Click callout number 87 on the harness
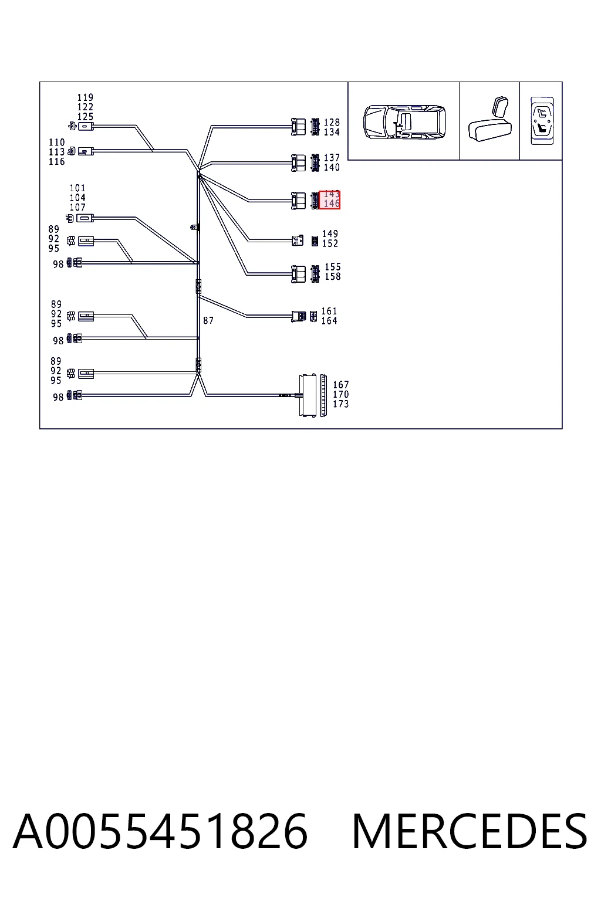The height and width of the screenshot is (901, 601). (208, 321)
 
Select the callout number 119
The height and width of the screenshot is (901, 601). (85, 97)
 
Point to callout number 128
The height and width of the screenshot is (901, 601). (332, 122)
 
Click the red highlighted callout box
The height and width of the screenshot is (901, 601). (329, 200)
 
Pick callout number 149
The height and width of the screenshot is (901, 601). (330, 233)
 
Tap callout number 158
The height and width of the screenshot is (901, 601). (333, 277)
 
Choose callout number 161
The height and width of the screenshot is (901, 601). (329, 311)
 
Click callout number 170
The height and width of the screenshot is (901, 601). (340, 395)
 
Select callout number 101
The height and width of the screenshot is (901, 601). (77, 188)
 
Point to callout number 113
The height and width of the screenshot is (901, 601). (57, 152)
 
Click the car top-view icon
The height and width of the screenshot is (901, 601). (404, 122)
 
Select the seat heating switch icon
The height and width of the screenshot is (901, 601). (542, 121)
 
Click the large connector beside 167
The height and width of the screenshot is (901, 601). (308, 396)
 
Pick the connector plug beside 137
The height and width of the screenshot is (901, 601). (298, 163)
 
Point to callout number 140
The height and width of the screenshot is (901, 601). (332, 167)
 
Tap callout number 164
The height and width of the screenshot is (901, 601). (329, 321)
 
